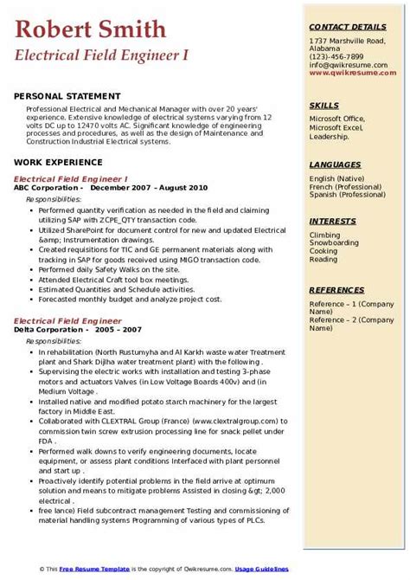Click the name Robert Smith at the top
tap(91, 30)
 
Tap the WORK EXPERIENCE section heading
tap(58, 163)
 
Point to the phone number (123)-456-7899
tap(339, 55)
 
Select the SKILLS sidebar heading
tap(324, 105)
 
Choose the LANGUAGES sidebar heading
tap(335, 164)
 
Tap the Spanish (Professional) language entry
tap(347, 194)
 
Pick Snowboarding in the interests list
tap(336, 242)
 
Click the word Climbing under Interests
tap(326, 235)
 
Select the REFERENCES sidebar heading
tap(336, 291)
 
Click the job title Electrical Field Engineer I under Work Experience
tap(71, 177)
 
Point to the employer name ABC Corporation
tap(48, 186)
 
